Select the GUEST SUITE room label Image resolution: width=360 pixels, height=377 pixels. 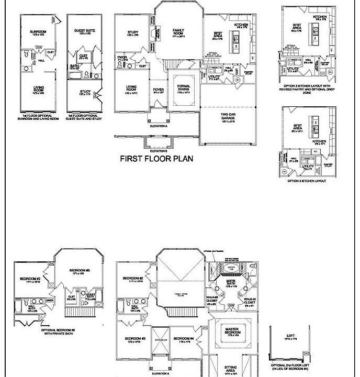[84, 31]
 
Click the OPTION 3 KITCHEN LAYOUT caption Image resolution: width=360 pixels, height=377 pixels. [306, 181]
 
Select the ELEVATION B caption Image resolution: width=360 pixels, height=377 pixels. [158, 137]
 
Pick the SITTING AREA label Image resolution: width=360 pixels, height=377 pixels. [231, 370]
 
